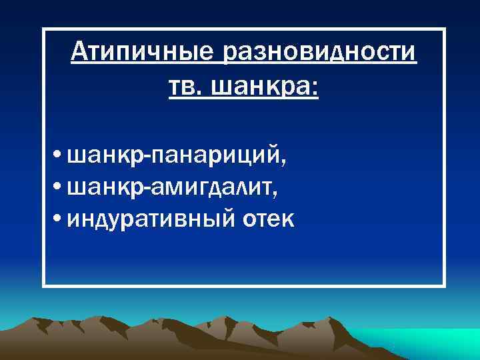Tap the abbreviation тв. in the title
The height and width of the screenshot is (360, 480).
coord(188,86)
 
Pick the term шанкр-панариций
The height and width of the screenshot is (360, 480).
coord(177,159)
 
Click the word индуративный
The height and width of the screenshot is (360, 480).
coord(150,220)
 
